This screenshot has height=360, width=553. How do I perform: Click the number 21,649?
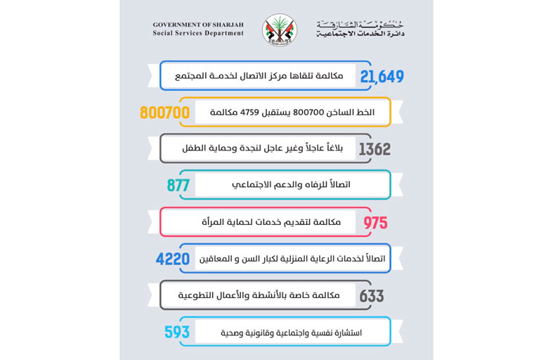click(x=382, y=76)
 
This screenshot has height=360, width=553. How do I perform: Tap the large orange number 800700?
click(x=165, y=112)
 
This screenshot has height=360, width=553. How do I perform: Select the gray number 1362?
click(x=375, y=149)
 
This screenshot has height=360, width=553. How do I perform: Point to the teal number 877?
click(x=179, y=186)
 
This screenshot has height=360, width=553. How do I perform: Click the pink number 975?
click(x=375, y=222)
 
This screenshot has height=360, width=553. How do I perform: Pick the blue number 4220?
click(x=173, y=259)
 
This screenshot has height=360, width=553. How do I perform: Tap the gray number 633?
click(x=372, y=295)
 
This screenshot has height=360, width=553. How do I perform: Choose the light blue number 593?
click(x=177, y=332)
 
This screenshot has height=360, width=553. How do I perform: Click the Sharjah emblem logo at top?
click(x=279, y=30)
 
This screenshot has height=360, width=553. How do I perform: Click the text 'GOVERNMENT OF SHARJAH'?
click(x=198, y=25)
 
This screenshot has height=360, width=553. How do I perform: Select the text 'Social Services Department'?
click(x=198, y=33)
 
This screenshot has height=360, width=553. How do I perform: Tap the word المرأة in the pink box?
click(x=226, y=222)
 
